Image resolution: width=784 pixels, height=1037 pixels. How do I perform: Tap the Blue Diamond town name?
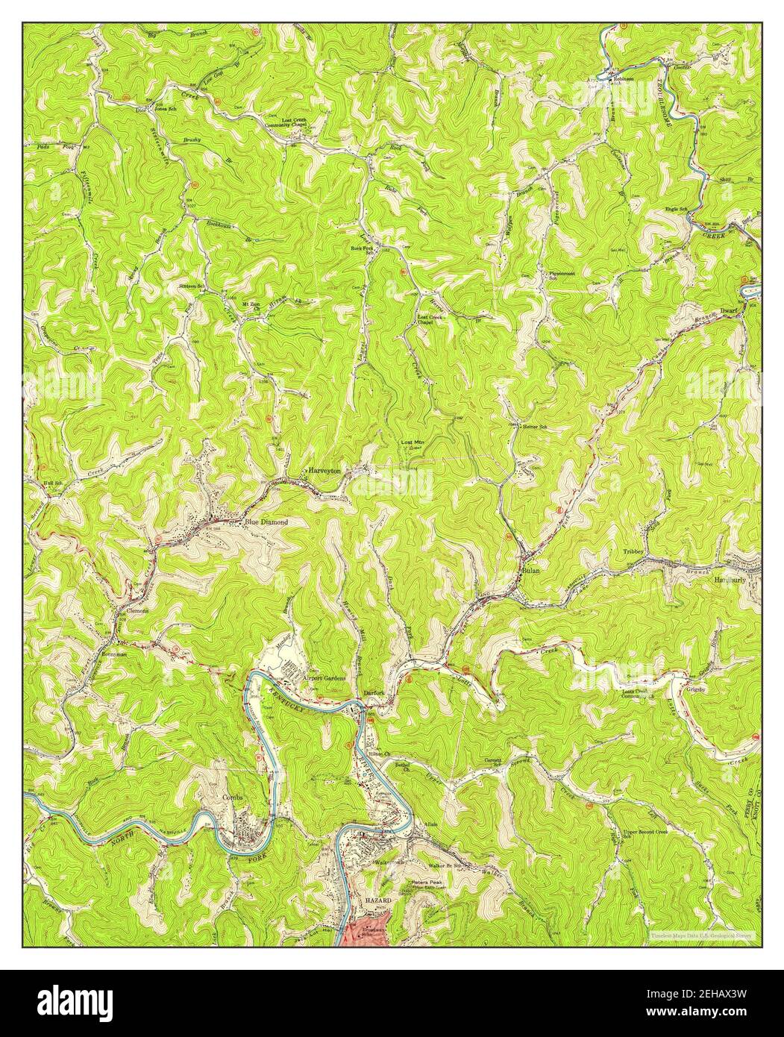266,522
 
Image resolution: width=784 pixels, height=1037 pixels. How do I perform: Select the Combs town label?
233,797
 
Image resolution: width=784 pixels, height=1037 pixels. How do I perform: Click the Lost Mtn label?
413,444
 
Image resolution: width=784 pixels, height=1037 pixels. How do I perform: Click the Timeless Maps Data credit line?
700,934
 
